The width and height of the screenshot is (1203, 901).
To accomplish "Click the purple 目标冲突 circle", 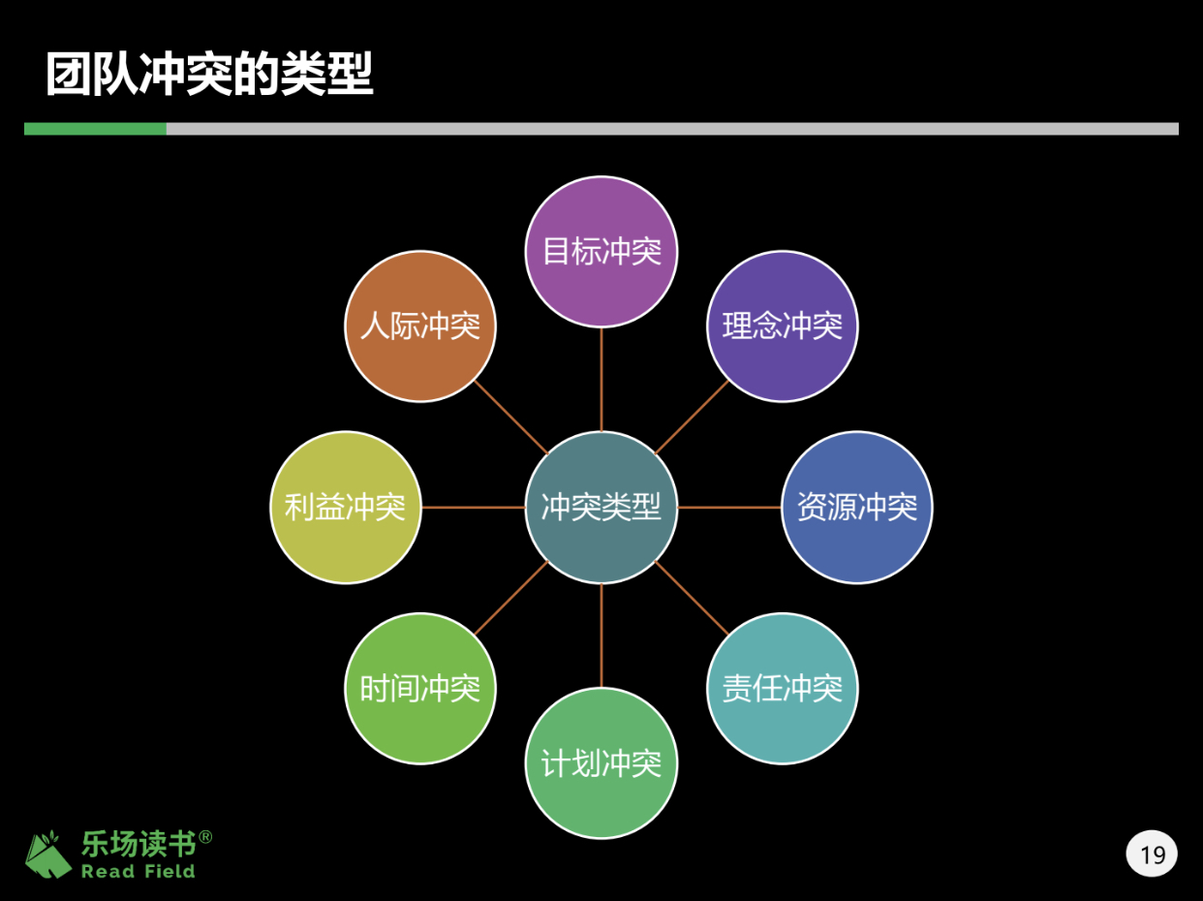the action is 601,252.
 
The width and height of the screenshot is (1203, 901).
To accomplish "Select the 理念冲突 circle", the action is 783,326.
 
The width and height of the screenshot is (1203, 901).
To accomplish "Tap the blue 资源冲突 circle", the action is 857,507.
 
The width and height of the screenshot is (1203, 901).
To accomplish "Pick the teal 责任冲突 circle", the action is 783,689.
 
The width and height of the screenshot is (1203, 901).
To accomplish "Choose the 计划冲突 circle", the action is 601,763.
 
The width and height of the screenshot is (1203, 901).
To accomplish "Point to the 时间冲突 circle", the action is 420,689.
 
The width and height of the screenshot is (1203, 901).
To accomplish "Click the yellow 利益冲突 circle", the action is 346,507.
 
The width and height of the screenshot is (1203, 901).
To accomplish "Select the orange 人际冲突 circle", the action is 420,326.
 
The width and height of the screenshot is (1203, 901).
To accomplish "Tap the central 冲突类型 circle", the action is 601,507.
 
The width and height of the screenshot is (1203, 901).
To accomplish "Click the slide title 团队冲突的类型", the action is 209,76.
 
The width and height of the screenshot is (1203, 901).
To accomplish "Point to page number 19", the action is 1153,854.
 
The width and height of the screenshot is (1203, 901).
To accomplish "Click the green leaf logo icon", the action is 49,854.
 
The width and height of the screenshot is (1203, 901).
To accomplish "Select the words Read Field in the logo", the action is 138,871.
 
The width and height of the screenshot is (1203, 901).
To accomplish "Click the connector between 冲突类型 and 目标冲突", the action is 601,379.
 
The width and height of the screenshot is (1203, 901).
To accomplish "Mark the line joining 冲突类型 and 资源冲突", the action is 729,507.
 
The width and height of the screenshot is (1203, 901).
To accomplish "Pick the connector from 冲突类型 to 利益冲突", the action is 474,507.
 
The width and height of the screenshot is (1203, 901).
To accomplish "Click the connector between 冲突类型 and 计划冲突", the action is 601,636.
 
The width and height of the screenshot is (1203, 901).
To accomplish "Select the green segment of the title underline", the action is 95,129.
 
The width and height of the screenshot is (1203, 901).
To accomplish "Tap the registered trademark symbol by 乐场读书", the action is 205,836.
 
